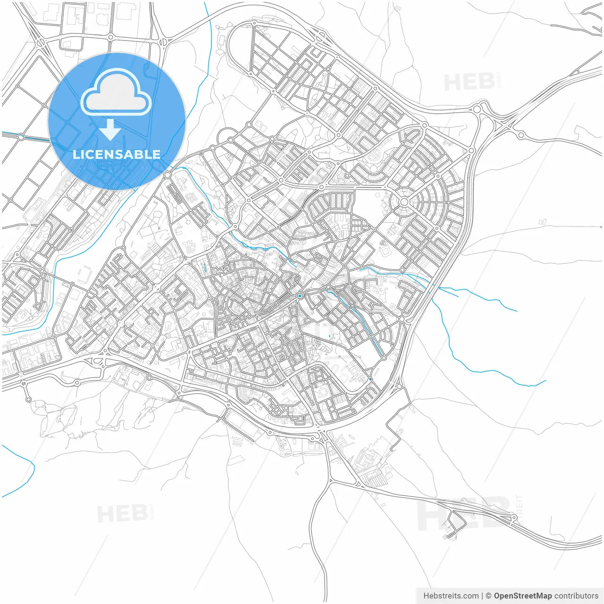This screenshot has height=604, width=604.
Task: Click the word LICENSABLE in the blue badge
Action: pyautogui.click(x=117, y=154)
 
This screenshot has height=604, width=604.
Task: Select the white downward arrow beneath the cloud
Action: pyautogui.click(x=110, y=130)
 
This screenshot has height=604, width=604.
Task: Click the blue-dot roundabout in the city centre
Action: pyautogui.click(x=300, y=296)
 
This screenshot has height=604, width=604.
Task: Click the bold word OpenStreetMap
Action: pyautogui.click(x=522, y=596)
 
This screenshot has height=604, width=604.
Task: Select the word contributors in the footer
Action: pyautogui.click(x=576, y=596)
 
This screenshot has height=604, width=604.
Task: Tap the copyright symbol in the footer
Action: pyautogui.click(x=488, y=596)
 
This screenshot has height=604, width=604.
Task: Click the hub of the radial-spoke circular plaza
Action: pyautogui.click(x=404, y=202)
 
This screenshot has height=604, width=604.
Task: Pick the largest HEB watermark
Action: pyautogui.click(x=465, y=514)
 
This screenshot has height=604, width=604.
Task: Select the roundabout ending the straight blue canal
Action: pyautogui.click(x=384, y=358)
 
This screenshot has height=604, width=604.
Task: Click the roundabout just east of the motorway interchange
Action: pyautogui.click(x=521, y=135)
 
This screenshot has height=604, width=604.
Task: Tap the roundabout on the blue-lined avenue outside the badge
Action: pyautogui.click(x=21, y=137)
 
